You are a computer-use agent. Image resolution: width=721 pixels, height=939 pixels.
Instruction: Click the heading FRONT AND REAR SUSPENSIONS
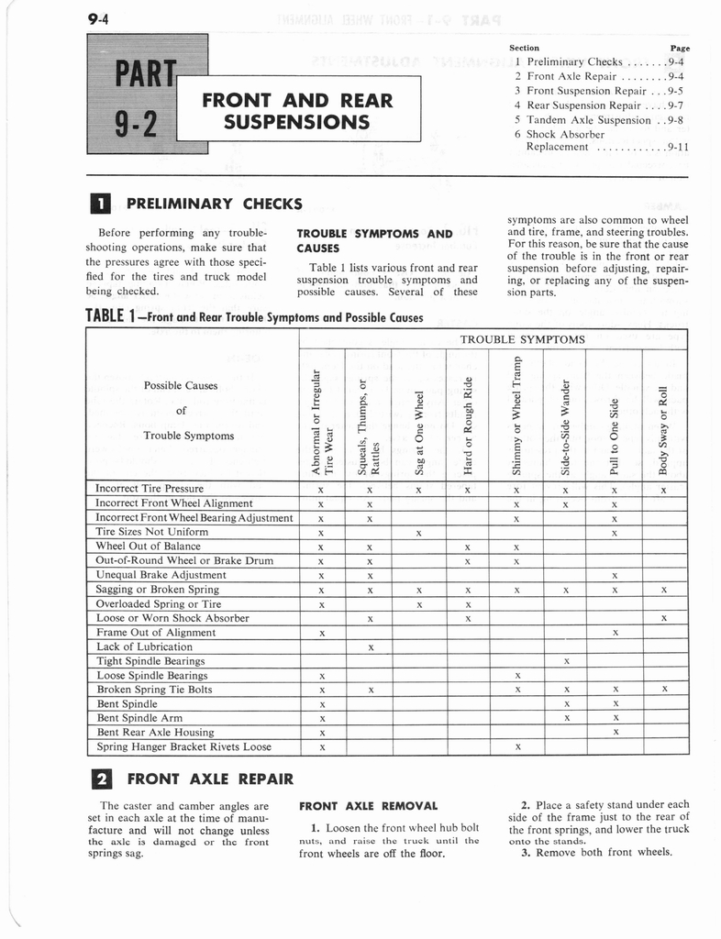(x=297, y=110)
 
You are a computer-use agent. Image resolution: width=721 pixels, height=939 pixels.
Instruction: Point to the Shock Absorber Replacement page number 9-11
(x=678, y=146)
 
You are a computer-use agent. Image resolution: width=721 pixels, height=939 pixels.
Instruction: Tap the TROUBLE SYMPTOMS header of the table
(x=522, y=339)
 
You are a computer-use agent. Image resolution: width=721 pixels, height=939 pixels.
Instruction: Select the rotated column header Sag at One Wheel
(x=419, y=426)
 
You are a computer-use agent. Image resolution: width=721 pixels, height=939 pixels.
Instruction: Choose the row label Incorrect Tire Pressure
(x=150, y=489)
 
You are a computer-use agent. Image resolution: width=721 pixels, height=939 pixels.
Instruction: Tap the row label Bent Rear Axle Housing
(x=155, y=733)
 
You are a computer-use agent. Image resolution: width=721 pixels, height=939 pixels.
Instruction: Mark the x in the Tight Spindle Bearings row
(x=566, y=661)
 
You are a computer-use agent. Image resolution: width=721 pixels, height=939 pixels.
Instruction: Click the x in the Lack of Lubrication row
(x=369, y=646)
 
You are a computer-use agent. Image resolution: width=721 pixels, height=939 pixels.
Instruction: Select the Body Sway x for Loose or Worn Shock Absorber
(x=663, y=618)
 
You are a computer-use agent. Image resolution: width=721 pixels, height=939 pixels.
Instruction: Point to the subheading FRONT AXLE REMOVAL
(x=368, y=806)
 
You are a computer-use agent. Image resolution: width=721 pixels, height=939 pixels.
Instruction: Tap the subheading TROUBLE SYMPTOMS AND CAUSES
(x=375, y=240)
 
